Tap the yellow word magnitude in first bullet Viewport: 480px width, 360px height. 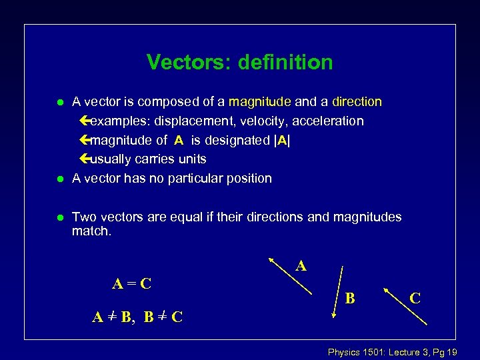tap(259, 102)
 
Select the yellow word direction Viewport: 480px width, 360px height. tap(357, 102)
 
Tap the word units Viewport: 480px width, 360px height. tap(191, 159)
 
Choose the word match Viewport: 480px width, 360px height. tap(92, 231)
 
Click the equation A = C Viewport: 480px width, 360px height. tap(131, 283)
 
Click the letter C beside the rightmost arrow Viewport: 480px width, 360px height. tap(415, 298)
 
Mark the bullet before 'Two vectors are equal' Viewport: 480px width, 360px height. tap(59, 217)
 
